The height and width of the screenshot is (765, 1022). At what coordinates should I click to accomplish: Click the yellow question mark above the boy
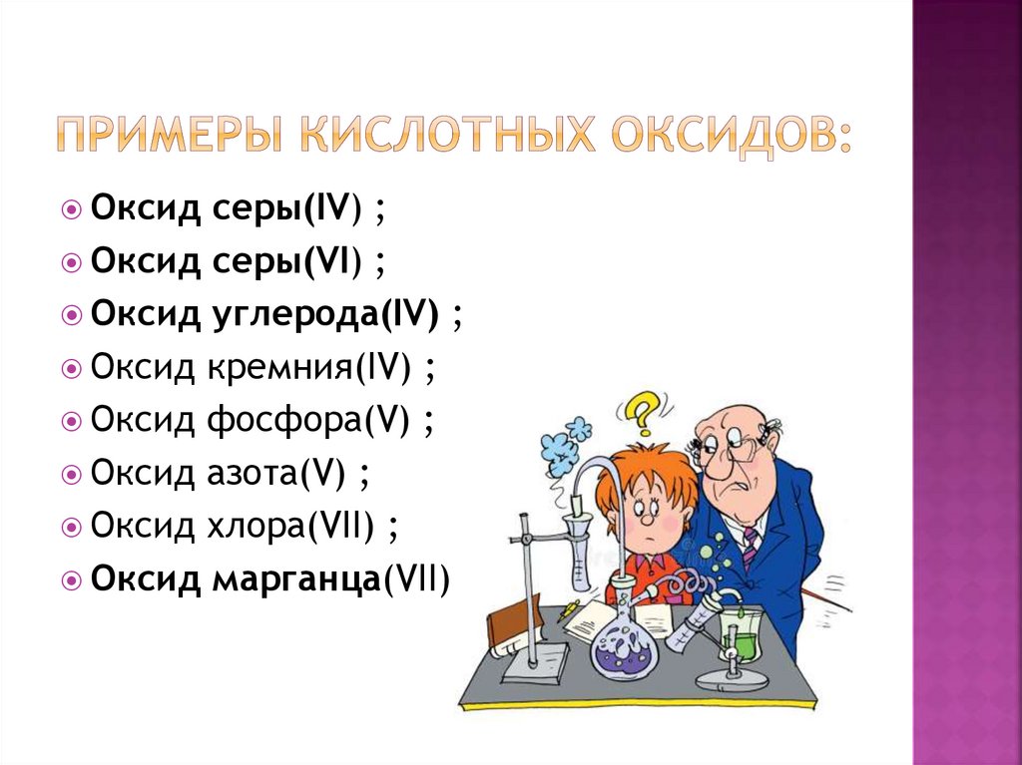point(642,410)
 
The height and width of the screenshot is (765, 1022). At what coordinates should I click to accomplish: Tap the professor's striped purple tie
point(750,548)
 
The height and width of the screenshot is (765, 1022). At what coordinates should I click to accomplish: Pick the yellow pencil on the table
point(570,608)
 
